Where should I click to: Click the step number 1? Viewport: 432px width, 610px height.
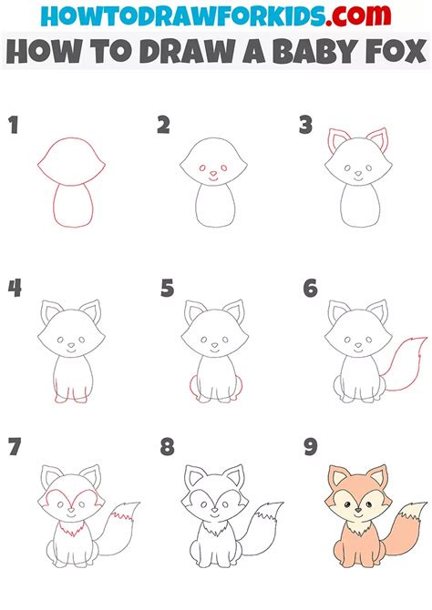pyautogui.click(x=13, y=126)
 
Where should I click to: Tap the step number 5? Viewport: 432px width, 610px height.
pyautogui.click(x=167, y=290)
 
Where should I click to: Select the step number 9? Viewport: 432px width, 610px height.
pyautogui.click(x=311, y=448)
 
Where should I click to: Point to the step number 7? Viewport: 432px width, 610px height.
pyautogui.click(x=15, y=448)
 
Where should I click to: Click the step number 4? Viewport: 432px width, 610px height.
pyautogui.click(x=15, y=290)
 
